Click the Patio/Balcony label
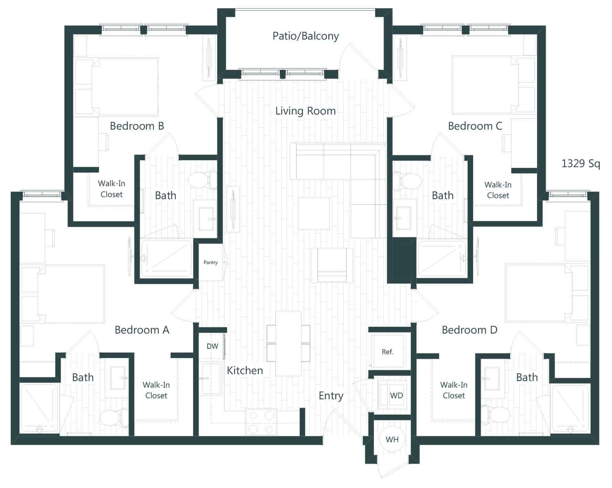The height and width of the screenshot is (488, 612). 305,36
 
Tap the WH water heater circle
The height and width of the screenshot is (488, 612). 392,439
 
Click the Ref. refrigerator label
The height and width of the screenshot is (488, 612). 387,352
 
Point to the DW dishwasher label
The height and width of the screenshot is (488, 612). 212,346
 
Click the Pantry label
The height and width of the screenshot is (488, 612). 211,262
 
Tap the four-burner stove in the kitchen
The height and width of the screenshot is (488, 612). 261,422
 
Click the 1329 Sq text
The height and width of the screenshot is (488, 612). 580,163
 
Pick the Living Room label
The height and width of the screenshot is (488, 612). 305,111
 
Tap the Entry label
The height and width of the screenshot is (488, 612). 331,396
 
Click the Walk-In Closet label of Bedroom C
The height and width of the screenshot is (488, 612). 497,190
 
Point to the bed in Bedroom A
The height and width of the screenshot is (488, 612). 71,294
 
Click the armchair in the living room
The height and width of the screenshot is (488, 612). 332,265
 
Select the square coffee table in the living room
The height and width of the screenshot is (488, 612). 313,214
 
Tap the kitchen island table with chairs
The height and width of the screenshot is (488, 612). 288,343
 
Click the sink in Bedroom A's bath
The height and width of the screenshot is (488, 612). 117,378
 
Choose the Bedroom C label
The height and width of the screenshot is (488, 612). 475,126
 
